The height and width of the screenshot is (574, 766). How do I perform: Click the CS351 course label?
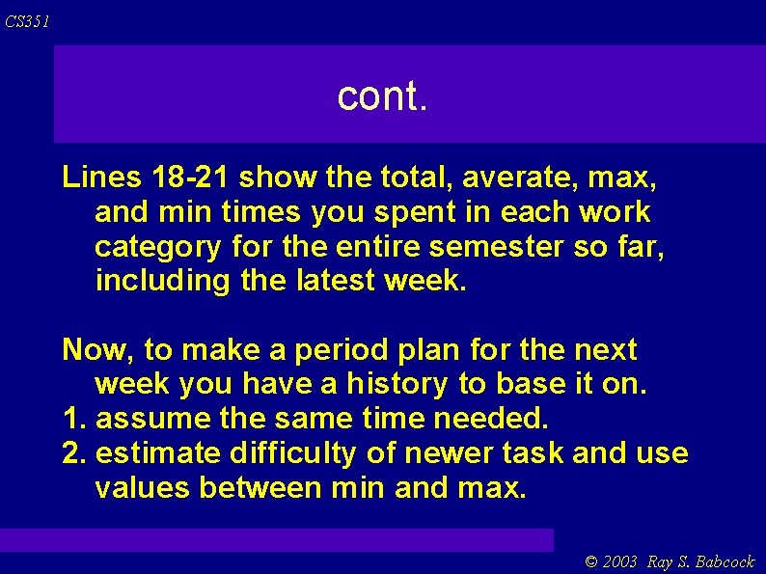pos(26,21)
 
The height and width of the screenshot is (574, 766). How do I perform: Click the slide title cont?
pos(381,96)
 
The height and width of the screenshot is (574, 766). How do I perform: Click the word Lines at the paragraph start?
pos(101,178)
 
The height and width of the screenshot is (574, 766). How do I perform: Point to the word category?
pos(158,248)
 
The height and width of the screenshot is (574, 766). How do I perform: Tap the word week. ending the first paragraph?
pos(425,282)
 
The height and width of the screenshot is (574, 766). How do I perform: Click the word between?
pos(260,488)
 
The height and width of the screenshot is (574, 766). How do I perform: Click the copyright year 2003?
pos(620,562)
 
